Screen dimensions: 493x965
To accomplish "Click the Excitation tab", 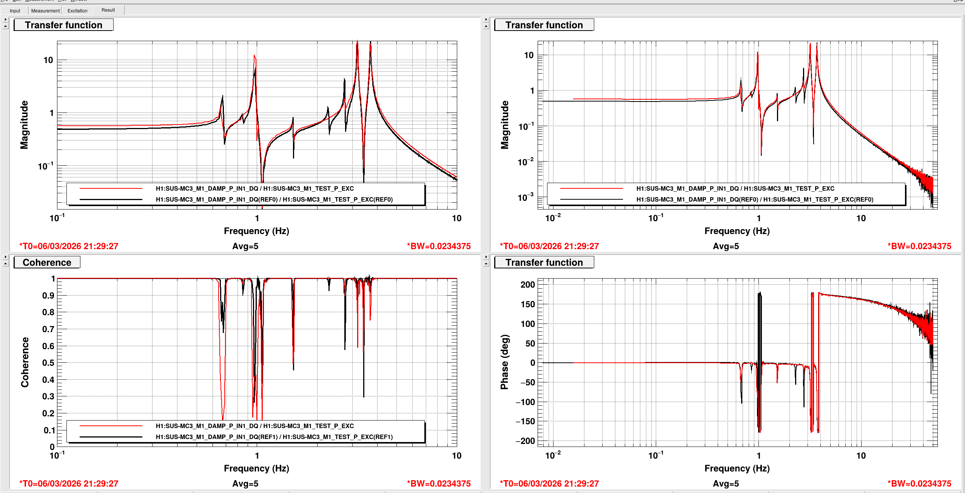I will (x=77, y=11).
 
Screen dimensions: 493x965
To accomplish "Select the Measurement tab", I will (x=45, y=11).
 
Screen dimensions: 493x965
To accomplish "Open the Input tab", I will (x=15, y=11).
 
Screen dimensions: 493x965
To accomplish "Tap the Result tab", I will (x=108, y=10).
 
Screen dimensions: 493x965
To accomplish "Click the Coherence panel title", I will (x=47, y=262).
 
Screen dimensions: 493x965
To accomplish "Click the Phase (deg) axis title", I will (x=504, y=362).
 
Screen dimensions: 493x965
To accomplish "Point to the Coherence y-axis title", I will (x=25, y=362).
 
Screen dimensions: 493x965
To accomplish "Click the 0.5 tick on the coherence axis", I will (x=48, y=363).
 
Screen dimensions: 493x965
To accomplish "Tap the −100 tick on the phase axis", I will (x=525, y=402).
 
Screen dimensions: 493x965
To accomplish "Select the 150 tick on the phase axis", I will (x=527, y=304).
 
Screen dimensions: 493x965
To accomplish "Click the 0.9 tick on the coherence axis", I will (x=48, y=296).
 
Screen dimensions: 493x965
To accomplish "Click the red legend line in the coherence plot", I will (x=111, y=426).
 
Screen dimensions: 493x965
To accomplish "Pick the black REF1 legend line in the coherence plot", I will (x=111, y=437).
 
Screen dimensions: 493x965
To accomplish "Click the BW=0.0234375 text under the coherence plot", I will (x=439, y=484).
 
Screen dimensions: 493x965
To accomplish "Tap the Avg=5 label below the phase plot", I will (x=726, y=484).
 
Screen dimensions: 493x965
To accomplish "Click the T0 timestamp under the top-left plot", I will (x=69, y=246).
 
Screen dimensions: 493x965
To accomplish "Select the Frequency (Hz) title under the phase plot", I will (x=737, y=468).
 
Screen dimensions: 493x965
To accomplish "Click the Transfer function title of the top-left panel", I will (x=63, y=25).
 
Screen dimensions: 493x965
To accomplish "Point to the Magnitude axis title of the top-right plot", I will (x=504, y=125).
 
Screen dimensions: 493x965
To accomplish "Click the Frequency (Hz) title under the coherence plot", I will (x=256, y=468).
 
